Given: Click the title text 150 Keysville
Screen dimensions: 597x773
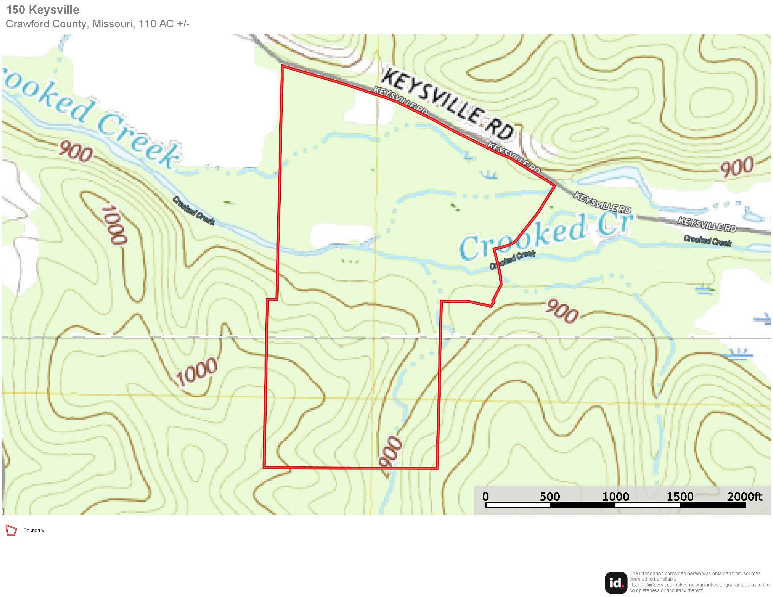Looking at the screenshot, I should (43, 10).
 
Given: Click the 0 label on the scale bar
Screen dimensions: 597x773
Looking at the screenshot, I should (486, 497).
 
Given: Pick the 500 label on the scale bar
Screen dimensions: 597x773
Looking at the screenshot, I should (550, 497).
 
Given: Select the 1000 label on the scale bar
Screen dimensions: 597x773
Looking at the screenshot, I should (616, 497).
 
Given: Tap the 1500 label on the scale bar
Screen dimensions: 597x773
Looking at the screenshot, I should (680, 497).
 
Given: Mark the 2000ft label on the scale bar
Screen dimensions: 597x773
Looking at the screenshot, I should (744, 497).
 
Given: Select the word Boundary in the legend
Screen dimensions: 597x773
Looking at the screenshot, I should (34, 531).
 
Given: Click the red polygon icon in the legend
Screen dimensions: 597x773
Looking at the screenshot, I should (11, 531).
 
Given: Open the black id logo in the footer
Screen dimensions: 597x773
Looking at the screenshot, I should (616, 583).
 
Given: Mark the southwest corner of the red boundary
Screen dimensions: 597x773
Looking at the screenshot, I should (264, 467).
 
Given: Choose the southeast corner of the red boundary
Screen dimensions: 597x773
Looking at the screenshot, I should (437, 468).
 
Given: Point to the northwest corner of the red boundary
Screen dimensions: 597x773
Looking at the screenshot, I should (282, 66).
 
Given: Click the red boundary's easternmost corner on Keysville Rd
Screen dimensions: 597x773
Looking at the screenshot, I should (554, 185).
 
